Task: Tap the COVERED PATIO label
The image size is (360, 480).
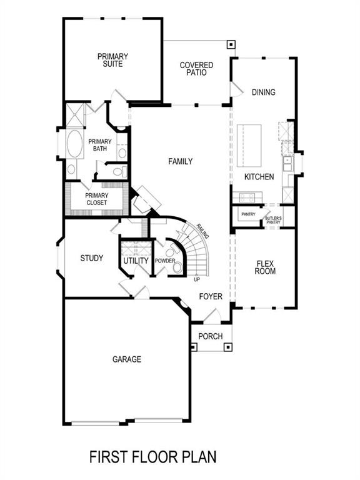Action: point(196,69)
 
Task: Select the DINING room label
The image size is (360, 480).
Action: point(263,92)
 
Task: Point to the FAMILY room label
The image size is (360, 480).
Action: point(180,161)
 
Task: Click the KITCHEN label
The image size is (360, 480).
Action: point(259,177)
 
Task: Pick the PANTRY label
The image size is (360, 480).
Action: point(248,214)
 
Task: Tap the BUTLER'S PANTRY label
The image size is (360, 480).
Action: point(273,220)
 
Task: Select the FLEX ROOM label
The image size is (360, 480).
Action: point(266,267)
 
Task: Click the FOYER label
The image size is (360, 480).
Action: point(211,296)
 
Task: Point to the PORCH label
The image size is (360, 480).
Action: point(210,336)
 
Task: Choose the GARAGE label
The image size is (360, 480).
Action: point(127,359)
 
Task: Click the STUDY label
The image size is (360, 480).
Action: point(91,258)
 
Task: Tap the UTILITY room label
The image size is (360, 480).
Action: point(136,261)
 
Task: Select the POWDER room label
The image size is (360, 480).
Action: point(165,261)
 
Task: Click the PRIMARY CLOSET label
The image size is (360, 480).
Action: point(96,199)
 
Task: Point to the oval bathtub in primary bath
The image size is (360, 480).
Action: point(75,143)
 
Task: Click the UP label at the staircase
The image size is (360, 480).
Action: point(196,279)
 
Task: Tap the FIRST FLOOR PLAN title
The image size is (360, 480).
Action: point(152,456)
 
